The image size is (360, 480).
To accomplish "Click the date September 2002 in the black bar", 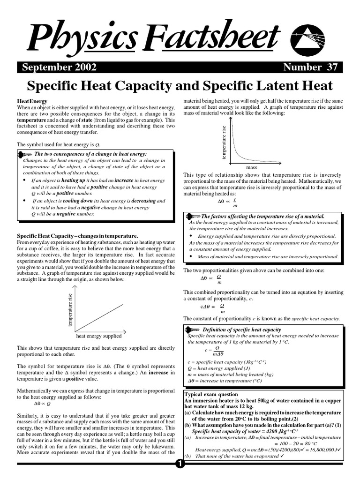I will coord(59,67).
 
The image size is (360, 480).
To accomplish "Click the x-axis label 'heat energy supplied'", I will coord(99,336).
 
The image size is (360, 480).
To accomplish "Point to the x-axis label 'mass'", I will coord(252,167).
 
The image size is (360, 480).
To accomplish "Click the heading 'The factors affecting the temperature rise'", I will coord(262,217).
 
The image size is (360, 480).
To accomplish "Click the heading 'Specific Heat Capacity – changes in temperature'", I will coord(78,235).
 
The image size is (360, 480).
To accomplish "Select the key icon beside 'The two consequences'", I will coord(24,154).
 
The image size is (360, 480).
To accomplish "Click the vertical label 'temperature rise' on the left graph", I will coord(71,310).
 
